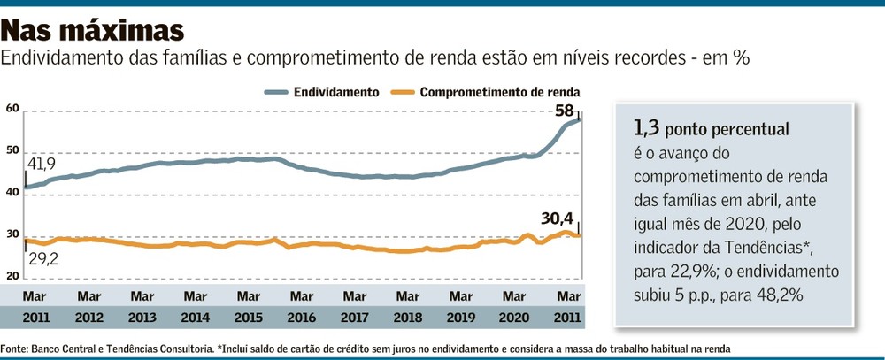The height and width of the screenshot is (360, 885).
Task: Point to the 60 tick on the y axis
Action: tap(12, 109)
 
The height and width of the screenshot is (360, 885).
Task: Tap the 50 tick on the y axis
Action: tap(12, 151)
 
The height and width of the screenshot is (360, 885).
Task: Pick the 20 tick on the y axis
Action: tap(12, 276)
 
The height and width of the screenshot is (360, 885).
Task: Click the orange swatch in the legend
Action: tap(402, 91)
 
